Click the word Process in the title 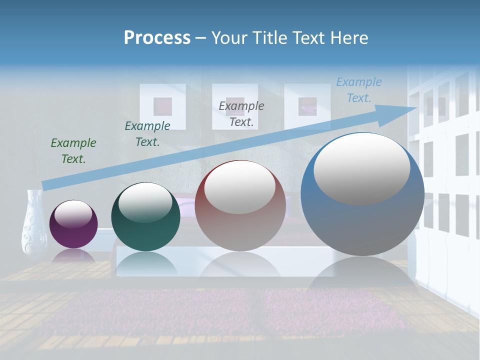tap(157, 37)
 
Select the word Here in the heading tap(349, 37)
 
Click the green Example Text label tap(73, 150)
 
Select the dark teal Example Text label tap(147, 133)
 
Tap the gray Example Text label tap(241, 113)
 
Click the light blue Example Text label tap(359, 89)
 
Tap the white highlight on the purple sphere tap(73, 214)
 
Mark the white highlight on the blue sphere tap(361, 169)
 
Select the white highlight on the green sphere tap(145, 202)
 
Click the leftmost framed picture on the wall tap(162, 106)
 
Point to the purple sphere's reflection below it tap(73, 255)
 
